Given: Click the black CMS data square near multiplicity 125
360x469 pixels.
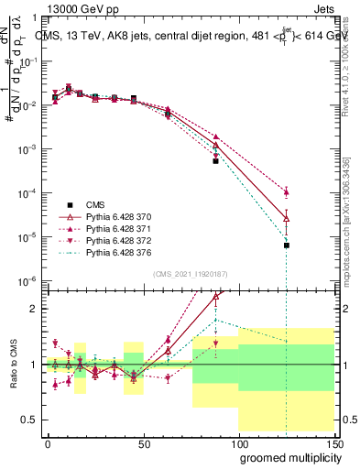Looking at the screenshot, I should (287, 245).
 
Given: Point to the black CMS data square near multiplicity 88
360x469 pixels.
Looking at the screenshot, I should (216, 160).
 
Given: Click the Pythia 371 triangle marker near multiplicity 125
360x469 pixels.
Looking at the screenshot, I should (287, 192).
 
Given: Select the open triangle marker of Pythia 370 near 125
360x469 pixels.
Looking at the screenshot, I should (287, 218).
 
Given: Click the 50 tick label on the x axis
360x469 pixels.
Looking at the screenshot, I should (143, 442).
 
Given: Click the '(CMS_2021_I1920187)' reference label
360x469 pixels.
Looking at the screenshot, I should (190, 274).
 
